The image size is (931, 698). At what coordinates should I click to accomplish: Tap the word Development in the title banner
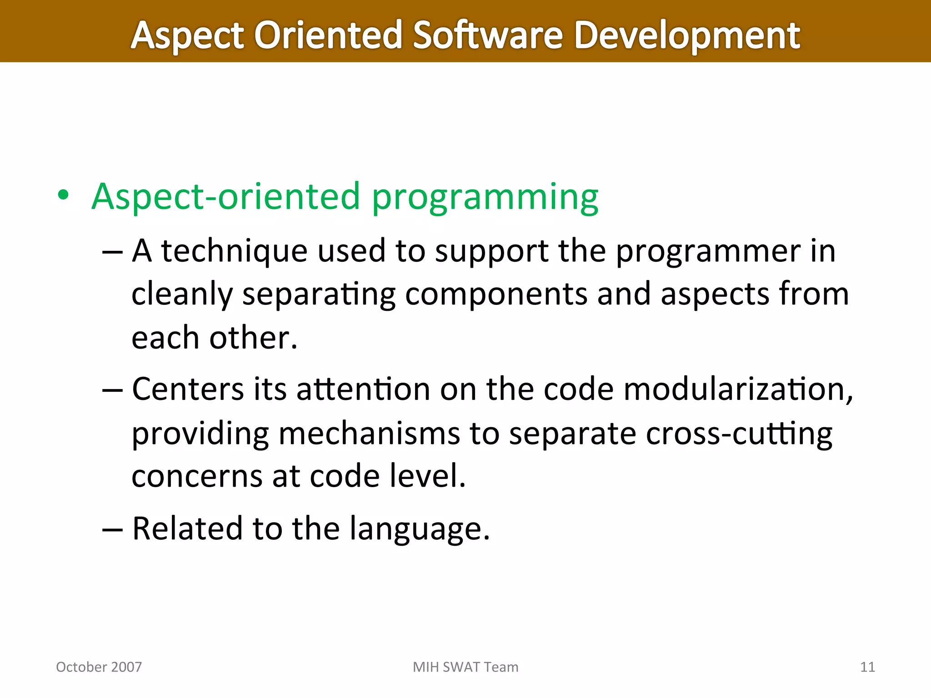click(686, 35)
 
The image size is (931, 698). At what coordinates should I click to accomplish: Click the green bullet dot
click(64, 195)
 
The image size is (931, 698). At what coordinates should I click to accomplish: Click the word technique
click(235, 252)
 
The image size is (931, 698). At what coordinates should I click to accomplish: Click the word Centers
click(188, 389)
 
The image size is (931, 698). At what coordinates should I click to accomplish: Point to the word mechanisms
click(369, 434)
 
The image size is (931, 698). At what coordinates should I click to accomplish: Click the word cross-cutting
click(739, 434)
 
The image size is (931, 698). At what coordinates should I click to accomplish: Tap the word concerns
click(197, 477)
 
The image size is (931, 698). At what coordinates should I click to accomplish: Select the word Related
click(187, 528)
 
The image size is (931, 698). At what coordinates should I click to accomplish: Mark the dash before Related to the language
click(112, 529)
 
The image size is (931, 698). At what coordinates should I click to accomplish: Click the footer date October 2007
click(99, 667)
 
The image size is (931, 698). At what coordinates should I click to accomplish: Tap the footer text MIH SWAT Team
click(465, 667)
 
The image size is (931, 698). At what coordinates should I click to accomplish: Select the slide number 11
click(867, 667)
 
